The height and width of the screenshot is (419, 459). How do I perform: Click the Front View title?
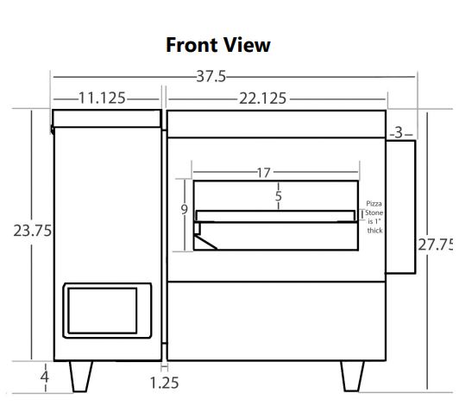pyautogui.click(x=218, y=45)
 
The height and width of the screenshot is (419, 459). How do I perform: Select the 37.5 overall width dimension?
pyautogui.click(x=211, y=76)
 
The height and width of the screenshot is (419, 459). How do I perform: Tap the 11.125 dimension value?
pyautogui.click(x=102, y=98)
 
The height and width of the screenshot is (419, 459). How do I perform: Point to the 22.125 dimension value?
pyautogui.click(x=262, y=98)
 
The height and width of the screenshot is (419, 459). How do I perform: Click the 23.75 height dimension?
pyautogui.click(x=33, y=231)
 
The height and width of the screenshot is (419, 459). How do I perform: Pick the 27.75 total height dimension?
pyautogui.click(x=436, y=244)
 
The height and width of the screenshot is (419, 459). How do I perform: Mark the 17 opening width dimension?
pyautogui.click(x=263, y=173)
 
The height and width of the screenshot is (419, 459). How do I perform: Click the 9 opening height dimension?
pyautogui.click(x=184, y=209)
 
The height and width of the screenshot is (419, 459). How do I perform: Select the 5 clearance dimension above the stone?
pyautogui.click(x=279, y=196)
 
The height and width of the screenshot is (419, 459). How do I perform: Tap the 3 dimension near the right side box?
pyautogui.click(x=399, y=133)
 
